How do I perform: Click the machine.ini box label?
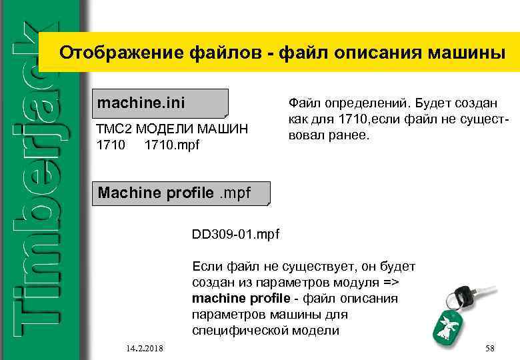click(x=141, y=104)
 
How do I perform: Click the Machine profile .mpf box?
click(x=174, y=193)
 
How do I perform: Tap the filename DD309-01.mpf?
click(x=235, y=235)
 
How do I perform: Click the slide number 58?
click(x=490, y=349)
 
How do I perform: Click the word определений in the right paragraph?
click(x=359, y=103)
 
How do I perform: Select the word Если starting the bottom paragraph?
click(x=207, y=267)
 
